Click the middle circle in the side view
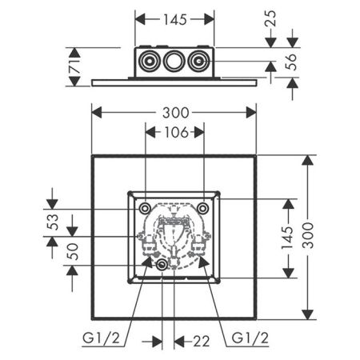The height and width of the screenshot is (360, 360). click(x=174, y=61)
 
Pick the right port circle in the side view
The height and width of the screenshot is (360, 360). click(x=199, y=61)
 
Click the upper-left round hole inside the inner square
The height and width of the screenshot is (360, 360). click(x=145, y=208)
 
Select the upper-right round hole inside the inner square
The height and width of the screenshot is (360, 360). click(x=204, y=208)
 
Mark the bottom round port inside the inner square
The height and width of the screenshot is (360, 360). click(x=162, y=265)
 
